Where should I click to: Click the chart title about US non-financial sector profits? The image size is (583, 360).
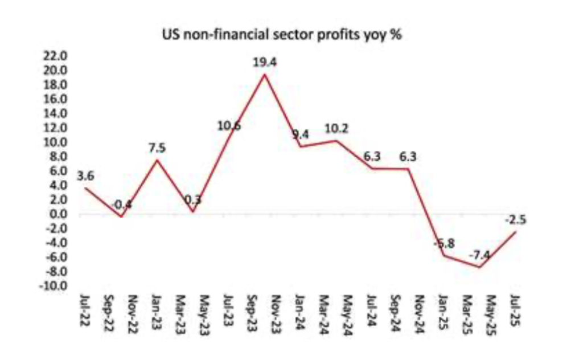pos(283,35)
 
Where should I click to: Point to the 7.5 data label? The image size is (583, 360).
pos(158,148)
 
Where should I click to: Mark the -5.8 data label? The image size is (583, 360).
pos(443,243)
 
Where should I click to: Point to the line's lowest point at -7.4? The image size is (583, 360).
pos(481,267)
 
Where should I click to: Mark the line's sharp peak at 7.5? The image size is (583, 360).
pos(157,160)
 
